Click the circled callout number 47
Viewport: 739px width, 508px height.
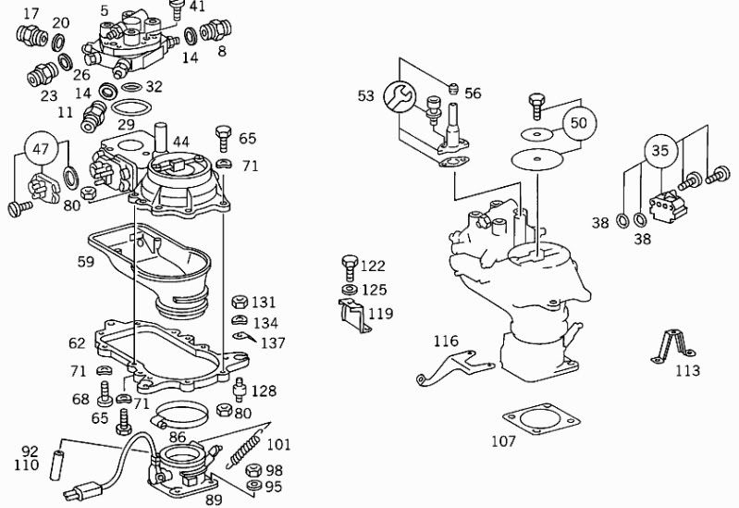tap(41, 149)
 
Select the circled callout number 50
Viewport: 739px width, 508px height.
tap(579, 123)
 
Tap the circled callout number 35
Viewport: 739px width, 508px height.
tap(660, 151)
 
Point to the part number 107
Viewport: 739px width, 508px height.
tap(503, 441)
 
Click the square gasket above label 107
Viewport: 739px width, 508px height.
tap(541, 419)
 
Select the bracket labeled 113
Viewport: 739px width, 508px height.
tap(672, 346)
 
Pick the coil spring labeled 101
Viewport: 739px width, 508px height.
tap(243, 451)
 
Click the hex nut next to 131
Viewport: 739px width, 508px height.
tap(240, 302)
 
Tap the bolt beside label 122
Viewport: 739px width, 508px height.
tap(350, 268)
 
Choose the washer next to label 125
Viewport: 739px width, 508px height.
tap(350, 289)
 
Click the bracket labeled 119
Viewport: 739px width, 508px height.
tap(354, 316)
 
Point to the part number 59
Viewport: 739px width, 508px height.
tap(86, 261)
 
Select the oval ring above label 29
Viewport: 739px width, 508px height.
tap(132, 107)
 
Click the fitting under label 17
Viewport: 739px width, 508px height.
tap(31, 34)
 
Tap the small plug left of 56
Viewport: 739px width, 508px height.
tap(452, 88)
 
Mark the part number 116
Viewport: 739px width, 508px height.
tap(446, 341)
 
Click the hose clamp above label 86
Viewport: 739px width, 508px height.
tap(180, 414)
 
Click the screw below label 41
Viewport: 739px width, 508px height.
tap(177, 10)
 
